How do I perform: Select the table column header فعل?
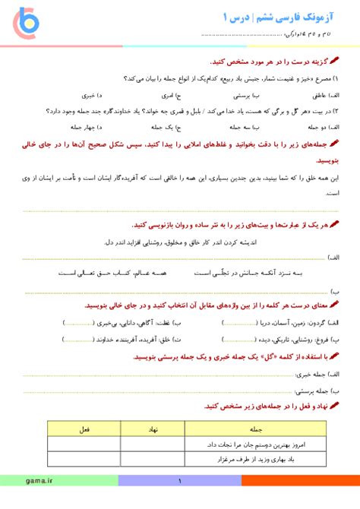pyautogui.click(x=86, y=428)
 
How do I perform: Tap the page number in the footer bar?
pyautogui.click(x=180, y=481)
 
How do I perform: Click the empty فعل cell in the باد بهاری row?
pyautogui.click(x=86, y=458)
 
